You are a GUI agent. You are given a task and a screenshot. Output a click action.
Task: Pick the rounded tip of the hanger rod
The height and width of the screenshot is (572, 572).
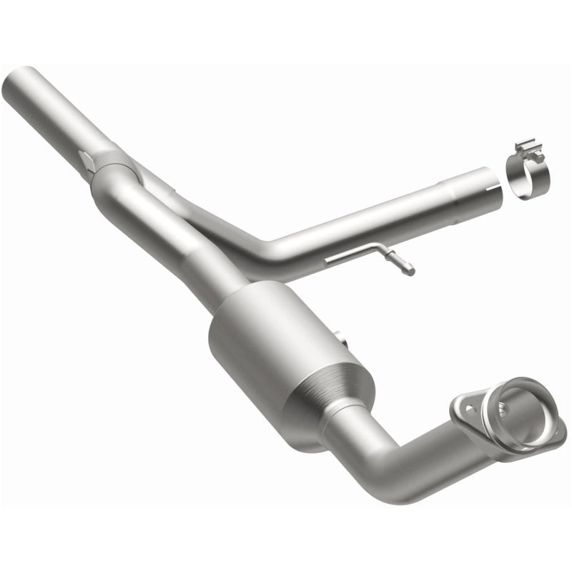pyautogui.click(x=410, y=270)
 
